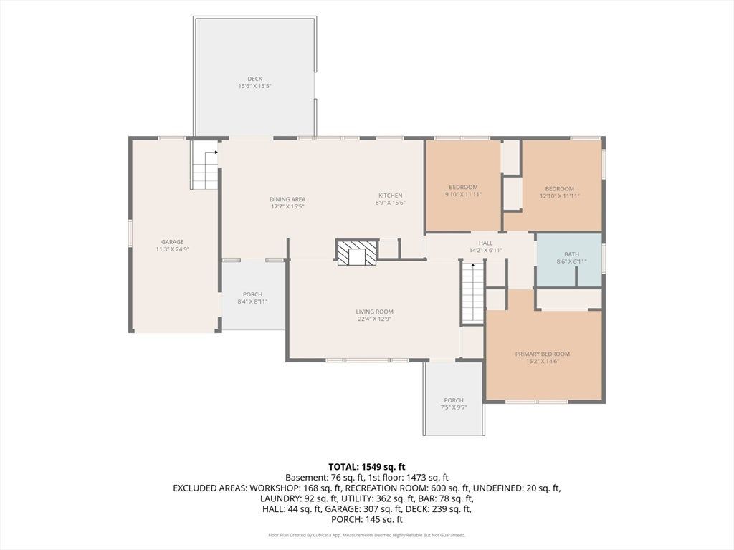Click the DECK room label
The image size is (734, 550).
coord(254,79)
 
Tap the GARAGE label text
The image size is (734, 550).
coord(172,242)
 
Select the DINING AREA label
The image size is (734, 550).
coord(287,199)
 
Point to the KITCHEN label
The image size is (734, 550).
coord(391,196)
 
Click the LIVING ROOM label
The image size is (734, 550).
coord(374,312)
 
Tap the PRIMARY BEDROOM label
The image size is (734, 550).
coord(543,354)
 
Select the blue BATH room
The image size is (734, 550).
coord(568,260)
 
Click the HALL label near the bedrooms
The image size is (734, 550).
coord(485,243)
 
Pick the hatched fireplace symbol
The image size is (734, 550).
coord(357,253)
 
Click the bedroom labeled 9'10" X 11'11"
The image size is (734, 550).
coord(463,185)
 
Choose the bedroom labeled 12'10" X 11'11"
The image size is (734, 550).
coord(561,185)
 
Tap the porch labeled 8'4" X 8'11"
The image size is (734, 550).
coord(253,294)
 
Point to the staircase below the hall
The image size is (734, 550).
coord(473,293)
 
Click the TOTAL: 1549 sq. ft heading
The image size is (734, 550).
coord(367,467)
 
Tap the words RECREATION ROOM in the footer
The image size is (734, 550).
coord(381,488)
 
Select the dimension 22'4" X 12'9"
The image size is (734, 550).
coord(374,319)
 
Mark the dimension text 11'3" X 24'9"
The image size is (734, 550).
coord(172,249)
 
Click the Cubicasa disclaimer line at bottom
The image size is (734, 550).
coord(367,535)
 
